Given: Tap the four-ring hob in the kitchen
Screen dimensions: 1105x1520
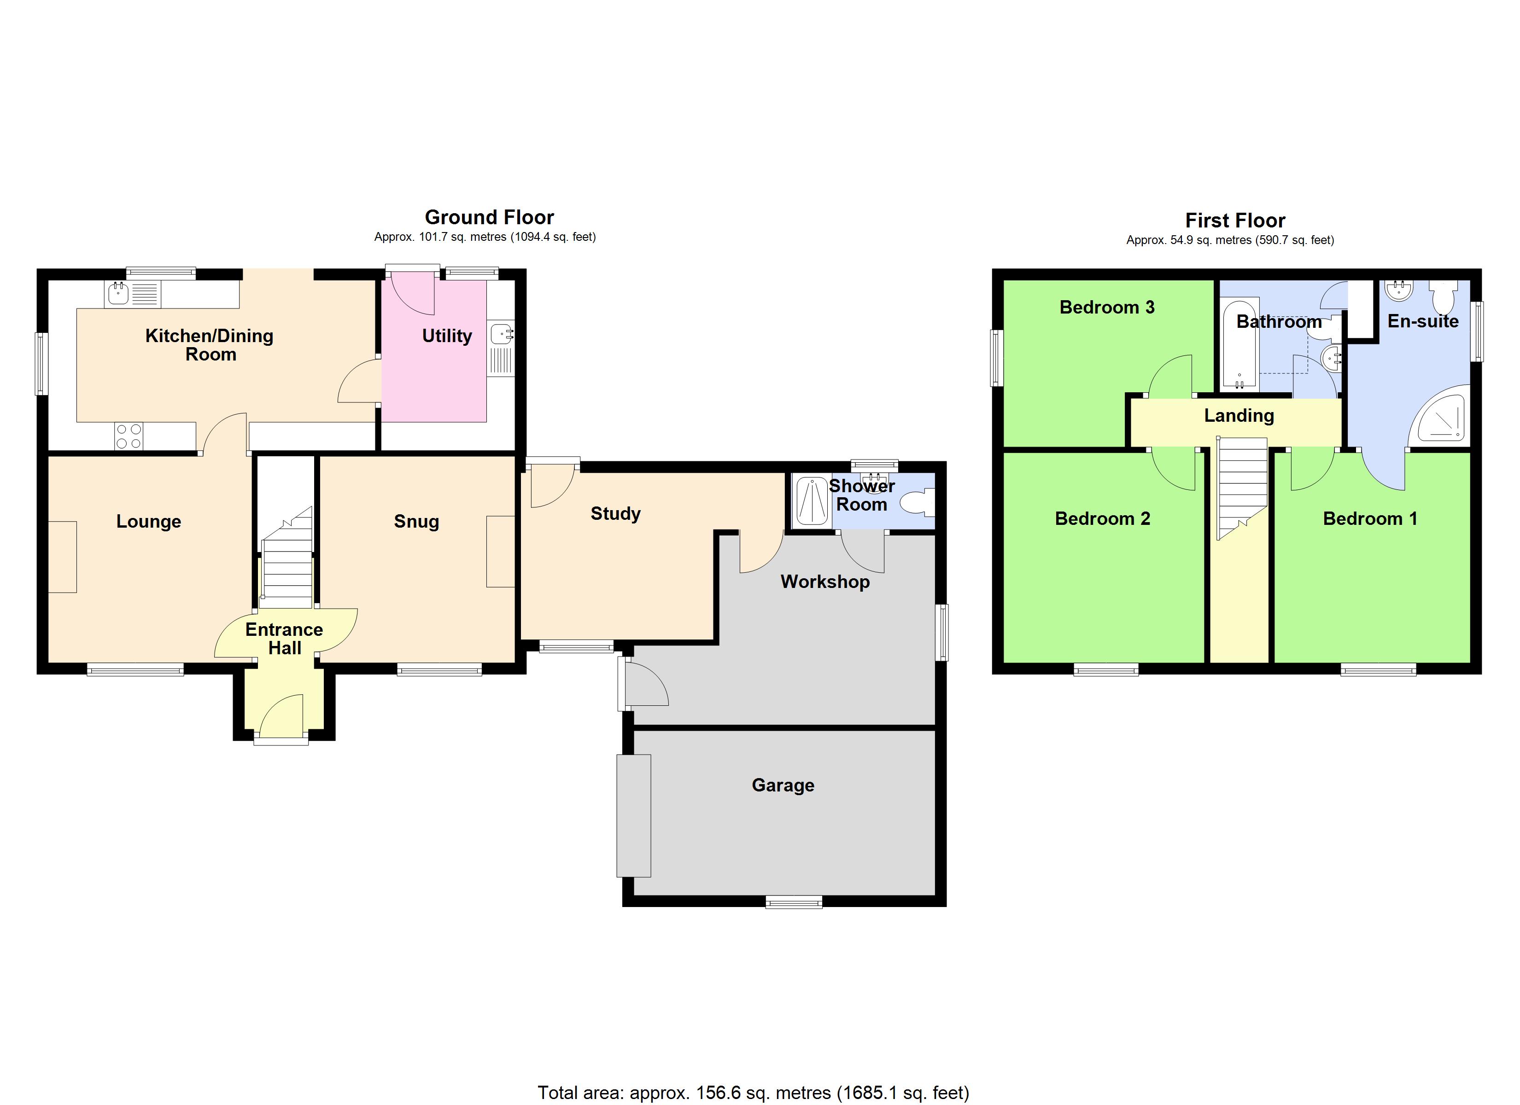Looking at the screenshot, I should point(128,436).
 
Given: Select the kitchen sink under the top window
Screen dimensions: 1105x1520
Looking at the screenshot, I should point(119,293).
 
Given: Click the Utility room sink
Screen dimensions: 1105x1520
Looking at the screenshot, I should point(501,333).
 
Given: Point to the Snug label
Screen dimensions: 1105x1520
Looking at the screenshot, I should point(416,521).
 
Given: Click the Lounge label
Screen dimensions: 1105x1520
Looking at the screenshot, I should point(149,521).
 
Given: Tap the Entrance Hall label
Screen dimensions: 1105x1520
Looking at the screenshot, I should point(284,639).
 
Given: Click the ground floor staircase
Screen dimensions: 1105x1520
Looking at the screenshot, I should point(287,563).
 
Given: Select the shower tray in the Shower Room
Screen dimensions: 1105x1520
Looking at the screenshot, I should point(811,500).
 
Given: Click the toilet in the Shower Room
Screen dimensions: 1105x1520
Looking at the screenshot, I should point(918,502).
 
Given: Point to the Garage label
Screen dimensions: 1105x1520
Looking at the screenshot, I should point(783,785).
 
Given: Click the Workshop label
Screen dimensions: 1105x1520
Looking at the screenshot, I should point(825,581).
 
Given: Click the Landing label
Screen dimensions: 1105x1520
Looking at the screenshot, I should point(1239,415).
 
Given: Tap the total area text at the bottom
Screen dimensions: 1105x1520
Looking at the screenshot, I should point(753,1092).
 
